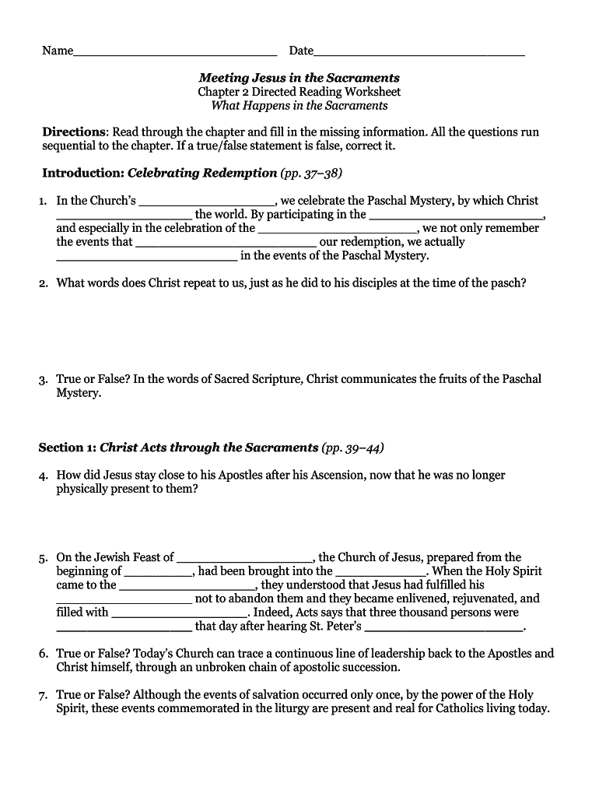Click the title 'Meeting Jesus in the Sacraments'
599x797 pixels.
299,78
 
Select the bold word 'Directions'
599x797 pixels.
74,132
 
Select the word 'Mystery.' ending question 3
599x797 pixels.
79,393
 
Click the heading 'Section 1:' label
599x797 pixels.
68,448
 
